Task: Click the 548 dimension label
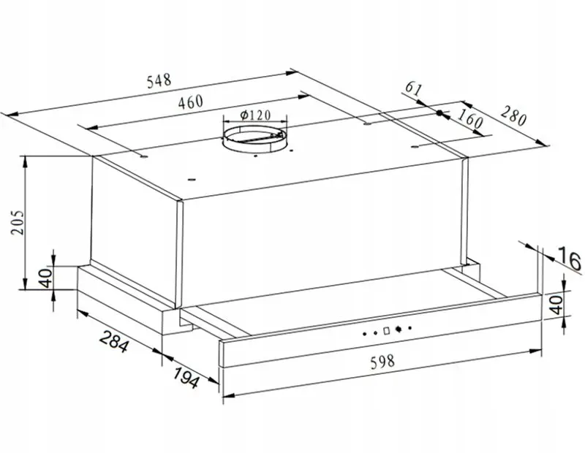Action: click(159, 81)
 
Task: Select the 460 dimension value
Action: click(190, 102)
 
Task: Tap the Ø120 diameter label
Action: click(255, 115)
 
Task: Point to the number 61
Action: click(413, 88)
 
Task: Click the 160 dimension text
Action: click(469, 118)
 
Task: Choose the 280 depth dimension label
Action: click(513, 115)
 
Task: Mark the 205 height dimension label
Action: click(17, 222)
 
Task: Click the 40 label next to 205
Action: click(45, 278)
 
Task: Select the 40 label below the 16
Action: click(556, 305)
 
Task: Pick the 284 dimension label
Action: click(114, 341)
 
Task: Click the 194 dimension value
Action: click(186, 377)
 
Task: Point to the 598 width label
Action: click(382, 361)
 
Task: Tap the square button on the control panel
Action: click(386, 331)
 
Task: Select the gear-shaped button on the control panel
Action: click(399, 330)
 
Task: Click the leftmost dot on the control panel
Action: click(364, 334)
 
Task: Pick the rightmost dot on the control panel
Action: click(409, 328)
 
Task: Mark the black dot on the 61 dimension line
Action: click(439, 113)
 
